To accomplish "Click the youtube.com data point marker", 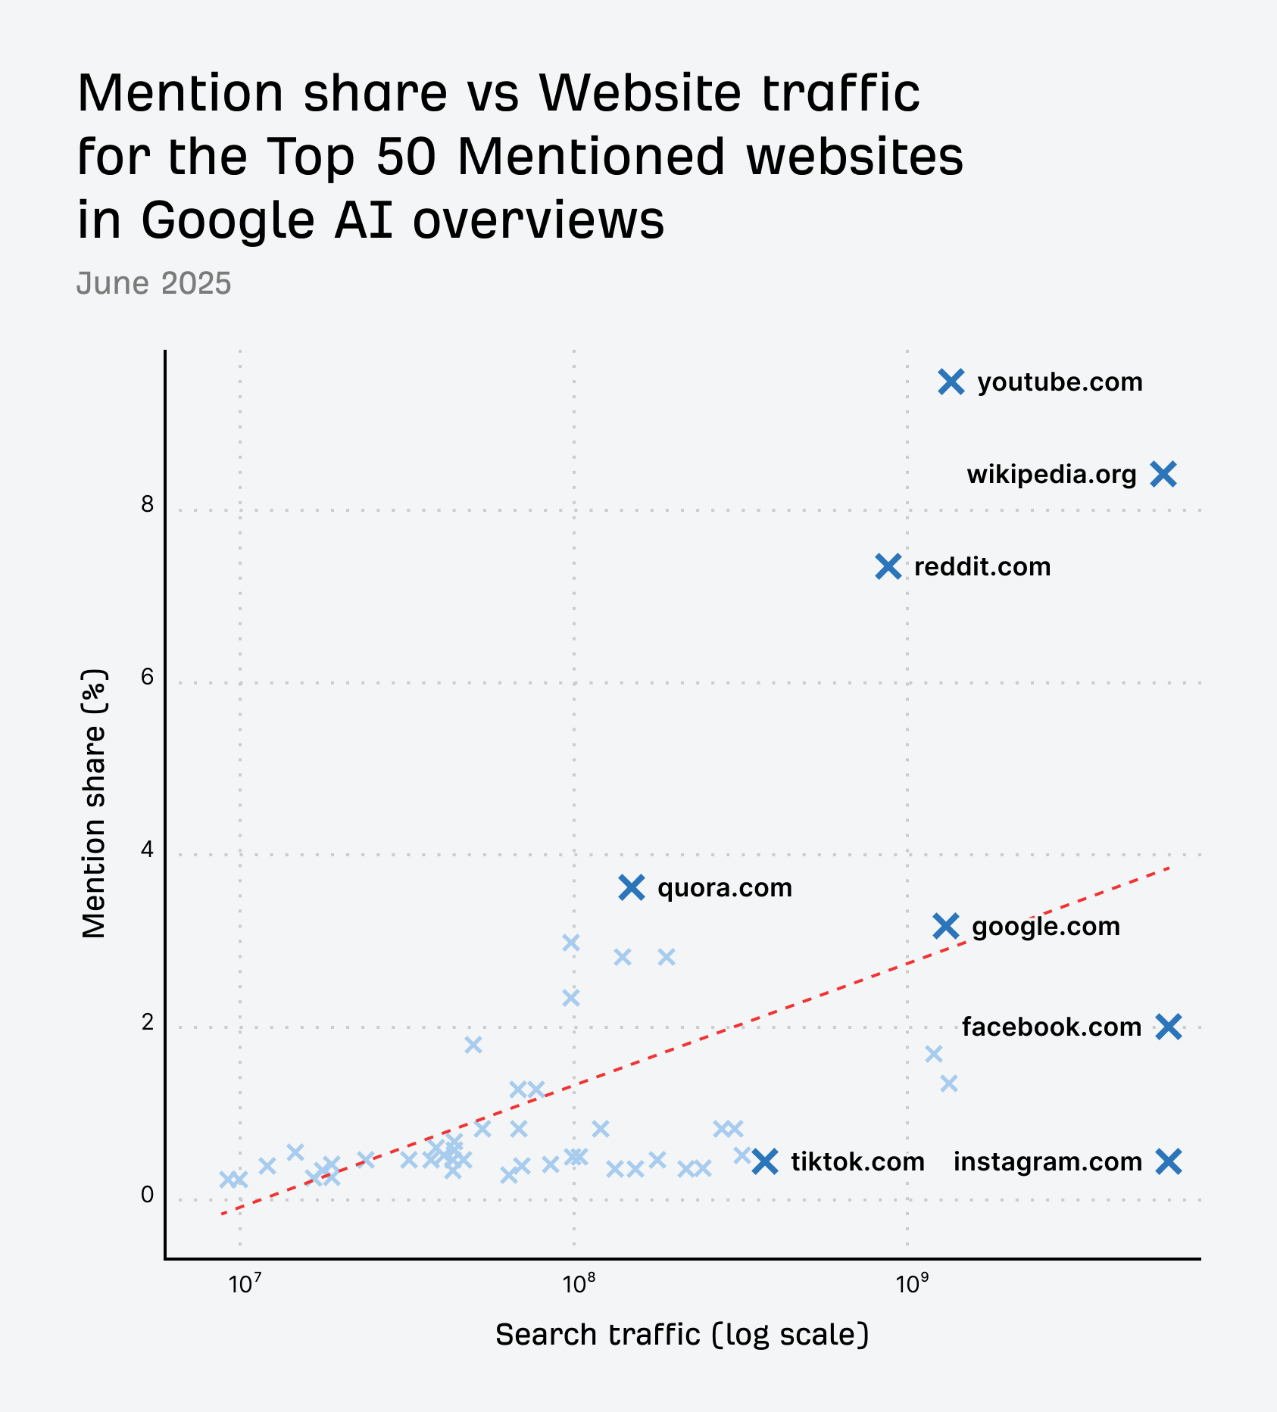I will click(951, 382).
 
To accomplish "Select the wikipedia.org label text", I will click(1051, 475).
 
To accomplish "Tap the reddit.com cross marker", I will click(888, 566).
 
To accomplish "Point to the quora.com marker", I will click(632, 887).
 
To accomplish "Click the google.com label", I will click(1045, 927).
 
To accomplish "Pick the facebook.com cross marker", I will click(1169, 1027).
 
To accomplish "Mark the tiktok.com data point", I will click(766, 1161).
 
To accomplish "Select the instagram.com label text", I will click(1048, 1161).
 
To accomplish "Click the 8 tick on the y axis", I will click(147, 504).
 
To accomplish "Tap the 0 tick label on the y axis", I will click(147, 1195).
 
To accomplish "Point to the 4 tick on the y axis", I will click(147, 849).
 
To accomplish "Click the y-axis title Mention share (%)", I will click(94, 804).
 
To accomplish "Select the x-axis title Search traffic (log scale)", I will click(682, 1335).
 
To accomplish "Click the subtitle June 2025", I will click(154, 283).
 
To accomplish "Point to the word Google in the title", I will click(227, 220).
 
